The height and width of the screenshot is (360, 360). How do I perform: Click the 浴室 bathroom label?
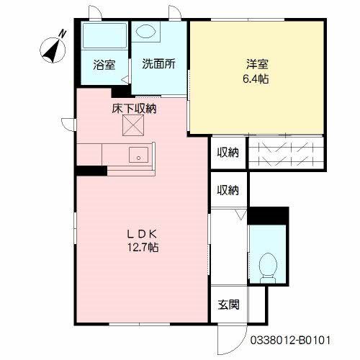[x=104, y=65]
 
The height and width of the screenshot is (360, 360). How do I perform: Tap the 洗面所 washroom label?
[x=158, y=64]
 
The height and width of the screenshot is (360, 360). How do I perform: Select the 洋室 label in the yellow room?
[x=257, y=64]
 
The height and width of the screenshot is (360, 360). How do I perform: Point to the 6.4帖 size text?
[x=256, y=79]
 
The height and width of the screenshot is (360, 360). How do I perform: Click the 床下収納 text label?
[x=134, y=109]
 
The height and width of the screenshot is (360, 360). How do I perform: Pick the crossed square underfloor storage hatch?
[x=133, y=125]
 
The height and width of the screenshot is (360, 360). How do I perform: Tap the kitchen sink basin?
[x=138, y=155]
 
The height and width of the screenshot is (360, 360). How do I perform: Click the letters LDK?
[x=142, y=234]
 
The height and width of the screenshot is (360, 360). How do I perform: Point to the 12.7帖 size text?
[x=143, y=247]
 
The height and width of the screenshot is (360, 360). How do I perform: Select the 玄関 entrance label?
[x=228, y=305]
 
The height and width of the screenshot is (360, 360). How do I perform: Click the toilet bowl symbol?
[x=268, y=269]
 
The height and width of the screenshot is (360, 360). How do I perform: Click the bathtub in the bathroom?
[x=104, y=35]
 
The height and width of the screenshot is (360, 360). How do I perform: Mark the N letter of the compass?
[x=63, y=34]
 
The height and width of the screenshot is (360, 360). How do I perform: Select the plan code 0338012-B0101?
[x=290, y=340]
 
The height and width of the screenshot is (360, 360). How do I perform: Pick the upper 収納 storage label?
[x=228, y=153]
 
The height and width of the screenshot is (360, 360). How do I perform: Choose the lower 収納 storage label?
[x=228, y=190]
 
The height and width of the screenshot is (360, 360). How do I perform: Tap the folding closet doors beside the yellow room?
[x=286, y=154]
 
